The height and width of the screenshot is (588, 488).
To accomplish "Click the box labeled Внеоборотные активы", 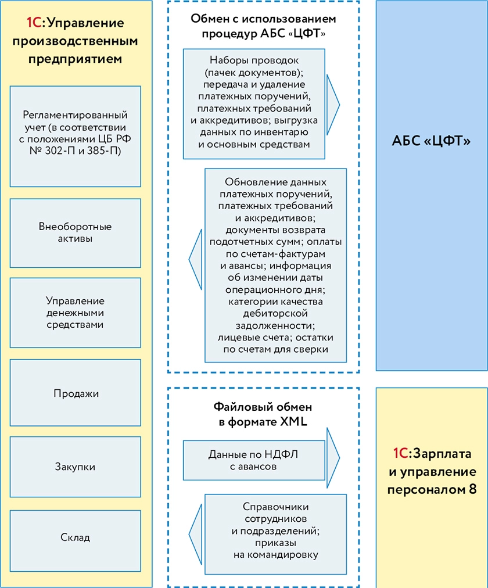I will (x=76, y=232).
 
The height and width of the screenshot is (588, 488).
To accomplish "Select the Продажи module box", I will (x=76, y=393).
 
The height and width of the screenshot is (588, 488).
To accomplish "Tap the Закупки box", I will (x=76, y=467).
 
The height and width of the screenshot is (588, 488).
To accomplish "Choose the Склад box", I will (x=76, y=537).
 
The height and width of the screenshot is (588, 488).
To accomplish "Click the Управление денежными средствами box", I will (x=76, y=313).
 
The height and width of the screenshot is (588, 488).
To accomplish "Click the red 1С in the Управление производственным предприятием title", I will (x=35, y=24).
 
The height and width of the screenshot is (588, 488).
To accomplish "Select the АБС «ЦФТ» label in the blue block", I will (x=431, y=141).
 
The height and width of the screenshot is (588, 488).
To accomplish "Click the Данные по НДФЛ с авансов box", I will (x=254, y=460).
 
